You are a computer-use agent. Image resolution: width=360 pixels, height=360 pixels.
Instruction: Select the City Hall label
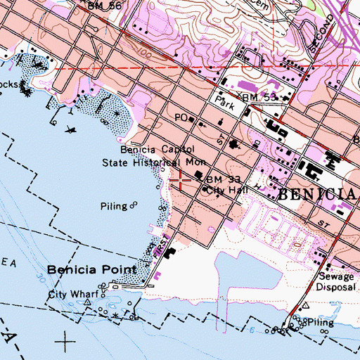(x=227, y=190)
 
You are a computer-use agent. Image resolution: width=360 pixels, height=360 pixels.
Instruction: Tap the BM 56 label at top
(x=106, y=5)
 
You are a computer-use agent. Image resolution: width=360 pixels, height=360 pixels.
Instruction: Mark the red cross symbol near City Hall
(x=180, y=181)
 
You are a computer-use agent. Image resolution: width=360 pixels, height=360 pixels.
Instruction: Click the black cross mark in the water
(x=66, y=343)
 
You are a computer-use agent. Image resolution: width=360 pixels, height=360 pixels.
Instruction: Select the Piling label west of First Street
(x=114, y=206)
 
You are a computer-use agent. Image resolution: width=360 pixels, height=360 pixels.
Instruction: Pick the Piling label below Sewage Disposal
(x=319, y=321)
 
